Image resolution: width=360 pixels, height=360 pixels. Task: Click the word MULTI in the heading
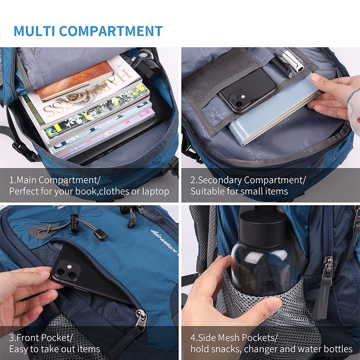(34, 31)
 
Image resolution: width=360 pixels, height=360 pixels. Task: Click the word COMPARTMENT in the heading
(111, 31)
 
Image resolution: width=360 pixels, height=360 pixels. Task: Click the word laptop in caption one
(155, 191)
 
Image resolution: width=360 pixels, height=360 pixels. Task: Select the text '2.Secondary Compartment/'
(248, 180)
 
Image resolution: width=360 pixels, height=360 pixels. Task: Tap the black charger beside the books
(147, 70)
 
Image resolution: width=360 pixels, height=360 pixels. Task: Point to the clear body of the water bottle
(261, 261)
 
